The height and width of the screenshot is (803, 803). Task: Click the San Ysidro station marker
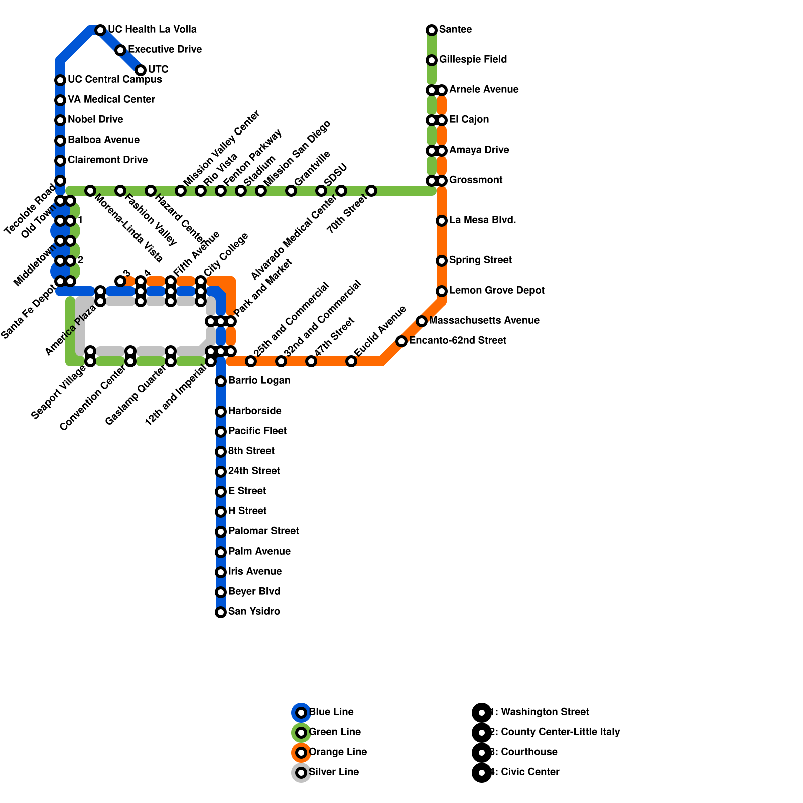[221, 612]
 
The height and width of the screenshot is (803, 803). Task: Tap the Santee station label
[455, 30]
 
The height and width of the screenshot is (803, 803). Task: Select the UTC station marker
[141, 70]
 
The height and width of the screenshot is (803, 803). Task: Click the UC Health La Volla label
[152, 30]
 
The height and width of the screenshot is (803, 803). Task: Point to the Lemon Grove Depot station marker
[442, 291]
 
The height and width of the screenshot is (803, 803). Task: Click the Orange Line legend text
[338, 752]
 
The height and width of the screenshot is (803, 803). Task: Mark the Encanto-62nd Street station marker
[401, 341]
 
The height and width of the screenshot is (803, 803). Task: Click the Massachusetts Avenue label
[484, 321]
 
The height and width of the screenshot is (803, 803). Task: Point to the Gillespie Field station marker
[432, 60]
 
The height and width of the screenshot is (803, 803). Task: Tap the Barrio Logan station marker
[221, 381]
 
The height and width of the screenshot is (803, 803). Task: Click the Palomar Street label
[263, 531]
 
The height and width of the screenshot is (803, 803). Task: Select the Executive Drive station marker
[120, 50]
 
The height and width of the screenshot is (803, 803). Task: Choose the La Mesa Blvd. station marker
[442, 221]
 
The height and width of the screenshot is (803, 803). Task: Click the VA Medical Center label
[111, 100]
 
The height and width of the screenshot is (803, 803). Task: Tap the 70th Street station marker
[371, 191]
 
